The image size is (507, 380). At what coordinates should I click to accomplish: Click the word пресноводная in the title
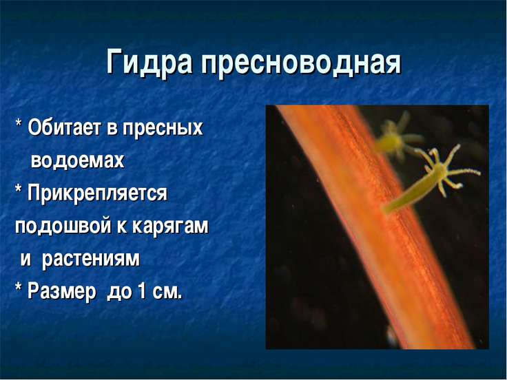click(301, 62)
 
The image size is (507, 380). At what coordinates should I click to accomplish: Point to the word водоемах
click(78, 160)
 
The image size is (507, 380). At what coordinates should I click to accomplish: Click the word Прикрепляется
click(97, 193)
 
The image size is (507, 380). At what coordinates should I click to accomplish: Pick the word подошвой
click(63, 226)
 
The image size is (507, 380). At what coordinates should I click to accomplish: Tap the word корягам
click(170, 226)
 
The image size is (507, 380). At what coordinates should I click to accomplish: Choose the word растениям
click(91, 259)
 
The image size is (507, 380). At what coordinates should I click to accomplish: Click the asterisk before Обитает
click(19, 123)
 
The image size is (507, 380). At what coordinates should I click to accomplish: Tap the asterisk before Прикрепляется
click(19, 189)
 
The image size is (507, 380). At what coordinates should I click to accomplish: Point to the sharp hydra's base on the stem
click(387, 209)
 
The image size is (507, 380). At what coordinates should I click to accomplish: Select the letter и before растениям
click(26, 260)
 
